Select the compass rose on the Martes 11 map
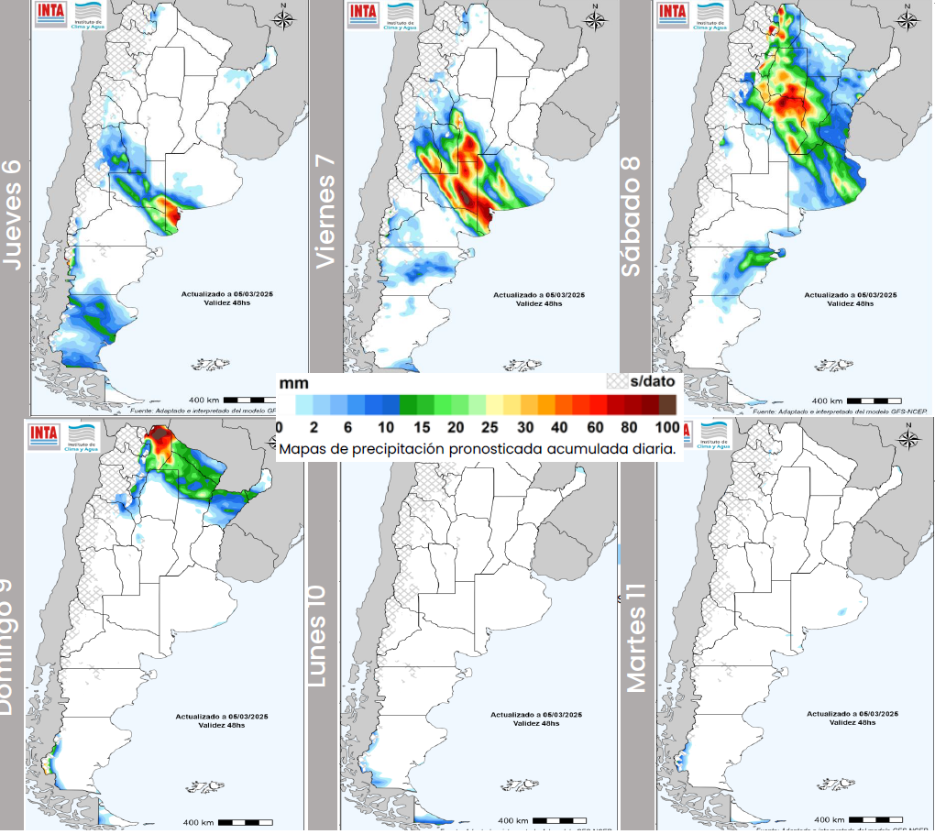coord(908,437)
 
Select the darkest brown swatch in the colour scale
coord(667,404)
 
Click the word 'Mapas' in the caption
coord(303,449)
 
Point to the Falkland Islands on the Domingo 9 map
coord(207,786)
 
